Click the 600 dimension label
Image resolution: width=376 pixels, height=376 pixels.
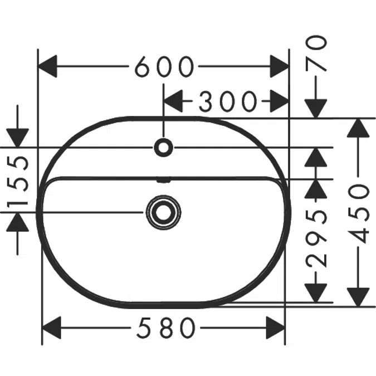pyautogui.click(x=164, y=66)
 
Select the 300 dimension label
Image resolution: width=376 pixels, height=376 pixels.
pyautogui.click(x=227, y=101)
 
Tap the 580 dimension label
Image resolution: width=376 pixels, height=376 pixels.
pyautogui.click(x=166, y=328)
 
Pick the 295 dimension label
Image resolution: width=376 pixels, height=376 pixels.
pyautogui.click(x=316, y=239)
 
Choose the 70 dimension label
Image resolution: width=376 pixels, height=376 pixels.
pyautogui.click(x=316, y=53)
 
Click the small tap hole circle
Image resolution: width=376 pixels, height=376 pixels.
pyautogui.click(x=164, y=147)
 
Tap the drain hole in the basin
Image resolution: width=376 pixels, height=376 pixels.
pyautogui.click(x=164, y=212)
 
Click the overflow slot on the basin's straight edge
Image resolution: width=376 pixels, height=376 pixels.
pyautogui.click(x=164, y=180)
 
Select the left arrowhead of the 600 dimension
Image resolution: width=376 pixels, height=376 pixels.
pyautogui.click(x=48, y=66)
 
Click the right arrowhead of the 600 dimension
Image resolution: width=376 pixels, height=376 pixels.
pyautogui.click(x=280, y=66)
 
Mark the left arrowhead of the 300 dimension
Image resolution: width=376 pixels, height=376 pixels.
pyautogui.click(x=173, y=101)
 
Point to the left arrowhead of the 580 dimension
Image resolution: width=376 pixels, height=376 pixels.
pyautogui.click(x=51, y=328)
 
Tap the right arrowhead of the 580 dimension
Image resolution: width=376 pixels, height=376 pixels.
pyautogui.click(x=276, y=328)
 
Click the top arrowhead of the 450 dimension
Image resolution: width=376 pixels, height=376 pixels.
pyautogui.click(x=358, y=128)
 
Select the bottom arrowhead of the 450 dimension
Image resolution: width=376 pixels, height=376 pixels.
pyautogui.click(x=358, y=297)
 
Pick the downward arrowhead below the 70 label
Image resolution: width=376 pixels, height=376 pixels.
pyautogui.click(x=316, y=109)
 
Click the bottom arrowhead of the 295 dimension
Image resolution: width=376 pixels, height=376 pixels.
pyautogui.click(x=316, y=293)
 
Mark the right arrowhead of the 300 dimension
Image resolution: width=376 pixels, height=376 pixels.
pyautogui.click(x=280, y=101)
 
